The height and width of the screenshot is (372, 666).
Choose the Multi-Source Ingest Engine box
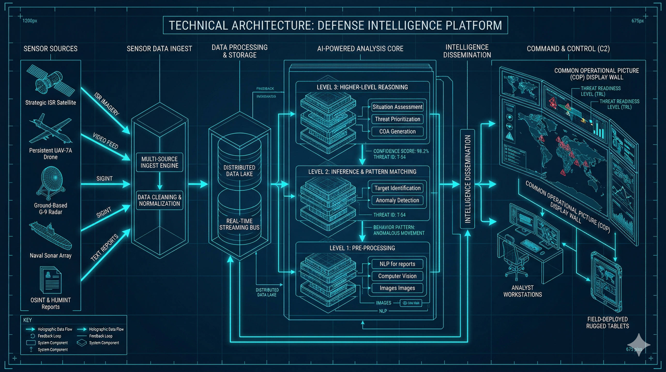point(159,163)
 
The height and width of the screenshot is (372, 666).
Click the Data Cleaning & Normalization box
point(159,201)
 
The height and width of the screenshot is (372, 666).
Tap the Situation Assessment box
point(397,107)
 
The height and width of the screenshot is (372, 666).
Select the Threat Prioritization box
point(397,119)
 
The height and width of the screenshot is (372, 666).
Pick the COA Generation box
point(397,132)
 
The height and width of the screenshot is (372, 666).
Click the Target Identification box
point(397,188)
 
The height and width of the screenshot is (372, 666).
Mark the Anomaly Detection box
point(397,200)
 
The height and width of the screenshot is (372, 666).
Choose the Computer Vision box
point(397,276)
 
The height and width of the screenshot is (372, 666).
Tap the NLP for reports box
point(397,264)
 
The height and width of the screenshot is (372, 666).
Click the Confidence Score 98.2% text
point(401,151)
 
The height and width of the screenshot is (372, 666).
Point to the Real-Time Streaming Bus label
point(239,224)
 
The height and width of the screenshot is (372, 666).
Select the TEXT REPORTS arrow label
point(105,248)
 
